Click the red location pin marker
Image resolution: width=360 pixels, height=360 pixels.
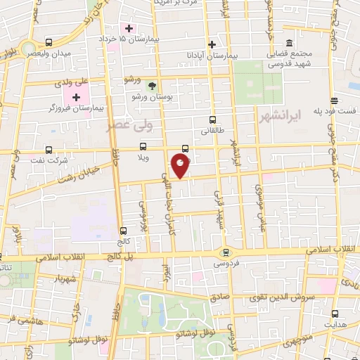tap(181, 165)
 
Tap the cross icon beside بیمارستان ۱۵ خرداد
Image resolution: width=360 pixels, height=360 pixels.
tap(129, 28)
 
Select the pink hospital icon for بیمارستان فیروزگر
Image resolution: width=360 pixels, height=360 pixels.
tap(77, 96)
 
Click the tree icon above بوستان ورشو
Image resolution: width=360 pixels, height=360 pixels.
tap(153, 85)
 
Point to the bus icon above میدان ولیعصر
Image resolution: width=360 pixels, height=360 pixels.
tap(49, 42)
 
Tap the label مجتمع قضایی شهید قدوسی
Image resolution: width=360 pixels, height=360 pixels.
tap(289, 59)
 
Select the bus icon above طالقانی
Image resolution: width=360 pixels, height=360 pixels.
tap(212, 120)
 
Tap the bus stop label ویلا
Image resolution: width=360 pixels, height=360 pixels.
tap(143, 158)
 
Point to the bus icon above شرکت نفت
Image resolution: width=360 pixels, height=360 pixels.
tap(49, 150)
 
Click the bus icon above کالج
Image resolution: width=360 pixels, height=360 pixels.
tap(124, 231)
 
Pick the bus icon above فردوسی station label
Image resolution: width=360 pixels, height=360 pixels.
tap(225, 252)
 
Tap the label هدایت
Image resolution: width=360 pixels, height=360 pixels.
tap(334, 326)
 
